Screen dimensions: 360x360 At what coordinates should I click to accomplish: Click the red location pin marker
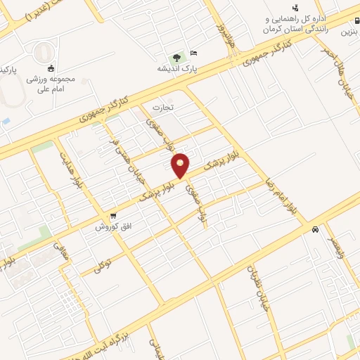point(181,165)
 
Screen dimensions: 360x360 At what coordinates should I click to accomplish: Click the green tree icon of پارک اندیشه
point(176,56)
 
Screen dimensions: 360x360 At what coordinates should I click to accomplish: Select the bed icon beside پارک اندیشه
point(195,53)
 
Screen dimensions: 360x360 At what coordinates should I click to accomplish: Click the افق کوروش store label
point(111,227)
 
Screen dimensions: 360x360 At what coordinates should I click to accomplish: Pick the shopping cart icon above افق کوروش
point(112,216)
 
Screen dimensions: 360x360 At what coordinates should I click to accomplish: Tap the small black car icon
point(316,229)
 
